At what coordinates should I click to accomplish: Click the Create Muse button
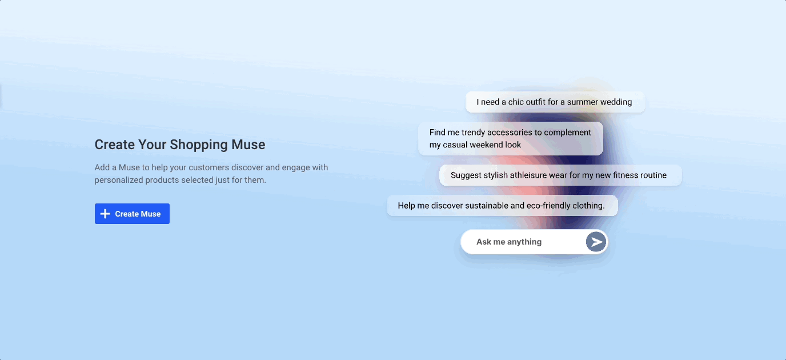(x=132, y=214)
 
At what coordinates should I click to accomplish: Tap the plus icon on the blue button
(x=105, y=214)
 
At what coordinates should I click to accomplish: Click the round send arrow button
(x=596, y=242)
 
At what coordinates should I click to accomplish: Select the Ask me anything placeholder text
(x=509, y=242)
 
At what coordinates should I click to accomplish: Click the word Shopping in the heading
(x=199, y=145)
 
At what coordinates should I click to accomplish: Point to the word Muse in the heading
(x=248, y=145)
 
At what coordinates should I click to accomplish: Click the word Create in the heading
(x=114, y=145)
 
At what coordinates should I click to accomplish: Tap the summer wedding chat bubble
(x=555, y=102)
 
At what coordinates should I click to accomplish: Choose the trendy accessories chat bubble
(x=511, y=139)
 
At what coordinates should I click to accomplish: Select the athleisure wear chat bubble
(x=560, y=175)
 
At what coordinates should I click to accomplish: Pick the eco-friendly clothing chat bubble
(x=502, y=206)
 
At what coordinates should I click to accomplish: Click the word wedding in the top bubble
(x=616, y=102)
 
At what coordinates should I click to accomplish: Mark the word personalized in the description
(x=119, y=180)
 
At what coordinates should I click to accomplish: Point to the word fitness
(x=625, y=175)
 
